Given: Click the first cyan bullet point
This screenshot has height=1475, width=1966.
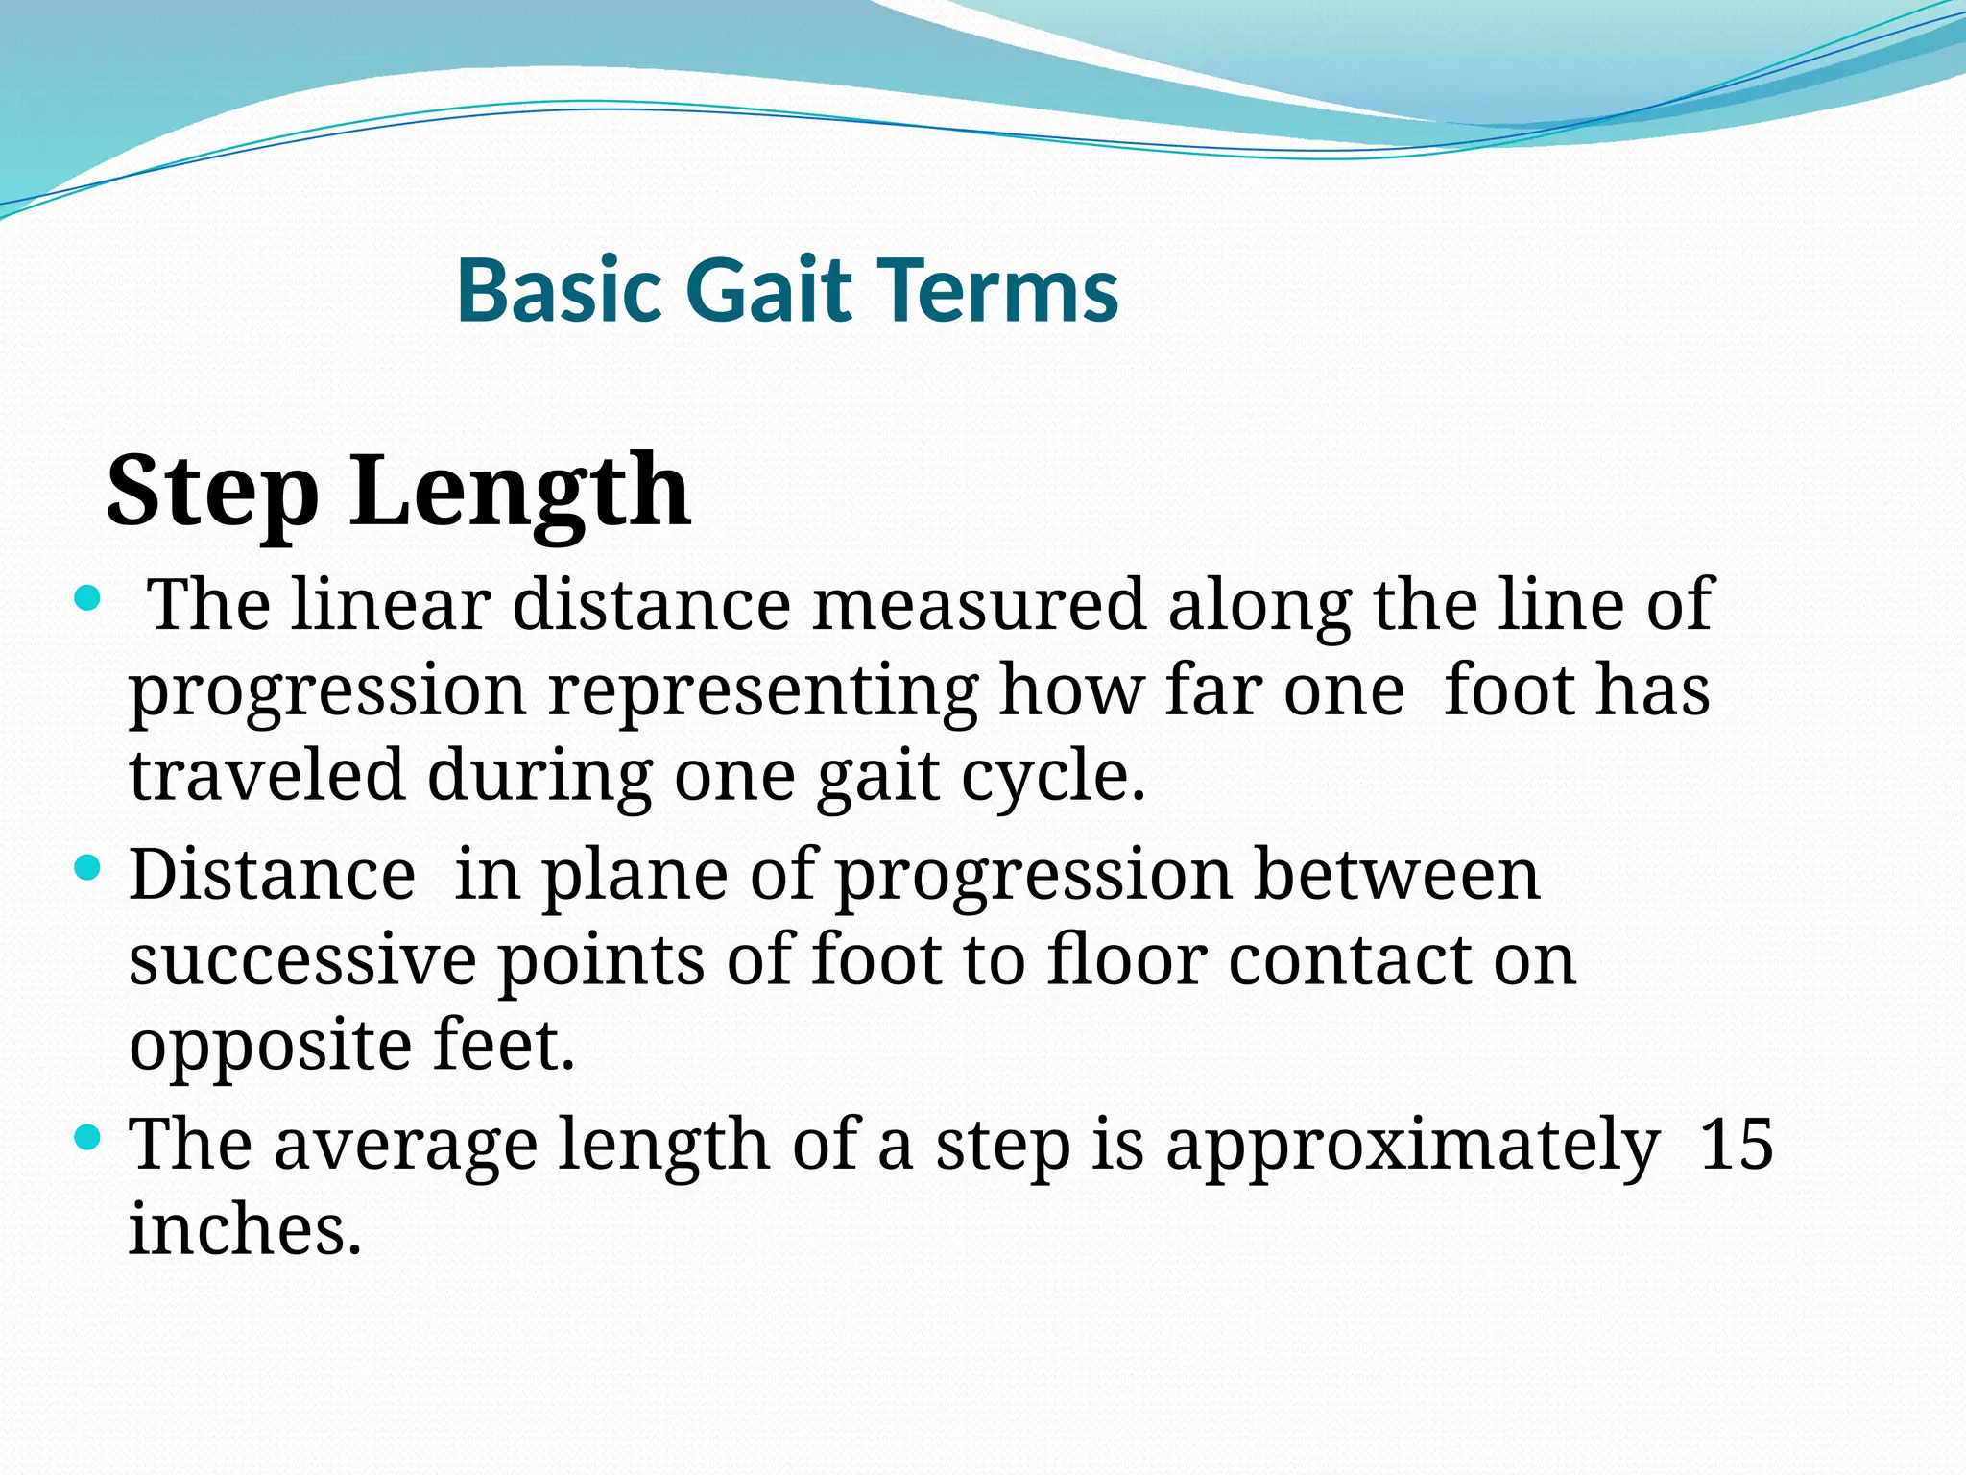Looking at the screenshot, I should (87, 600).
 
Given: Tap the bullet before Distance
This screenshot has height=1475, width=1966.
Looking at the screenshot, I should (87, 869).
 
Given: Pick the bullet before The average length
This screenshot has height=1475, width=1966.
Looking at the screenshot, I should (87, 1139).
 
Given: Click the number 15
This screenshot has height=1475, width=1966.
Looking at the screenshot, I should (1736, 1145).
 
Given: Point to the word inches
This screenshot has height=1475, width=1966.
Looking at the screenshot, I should (245, 1229).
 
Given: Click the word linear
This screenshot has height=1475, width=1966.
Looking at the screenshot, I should (392, 605).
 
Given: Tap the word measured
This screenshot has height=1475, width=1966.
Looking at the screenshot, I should (979, 605).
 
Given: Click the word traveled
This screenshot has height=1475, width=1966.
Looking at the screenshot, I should (267, 776).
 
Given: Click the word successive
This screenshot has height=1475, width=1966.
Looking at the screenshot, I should (302, 960).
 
